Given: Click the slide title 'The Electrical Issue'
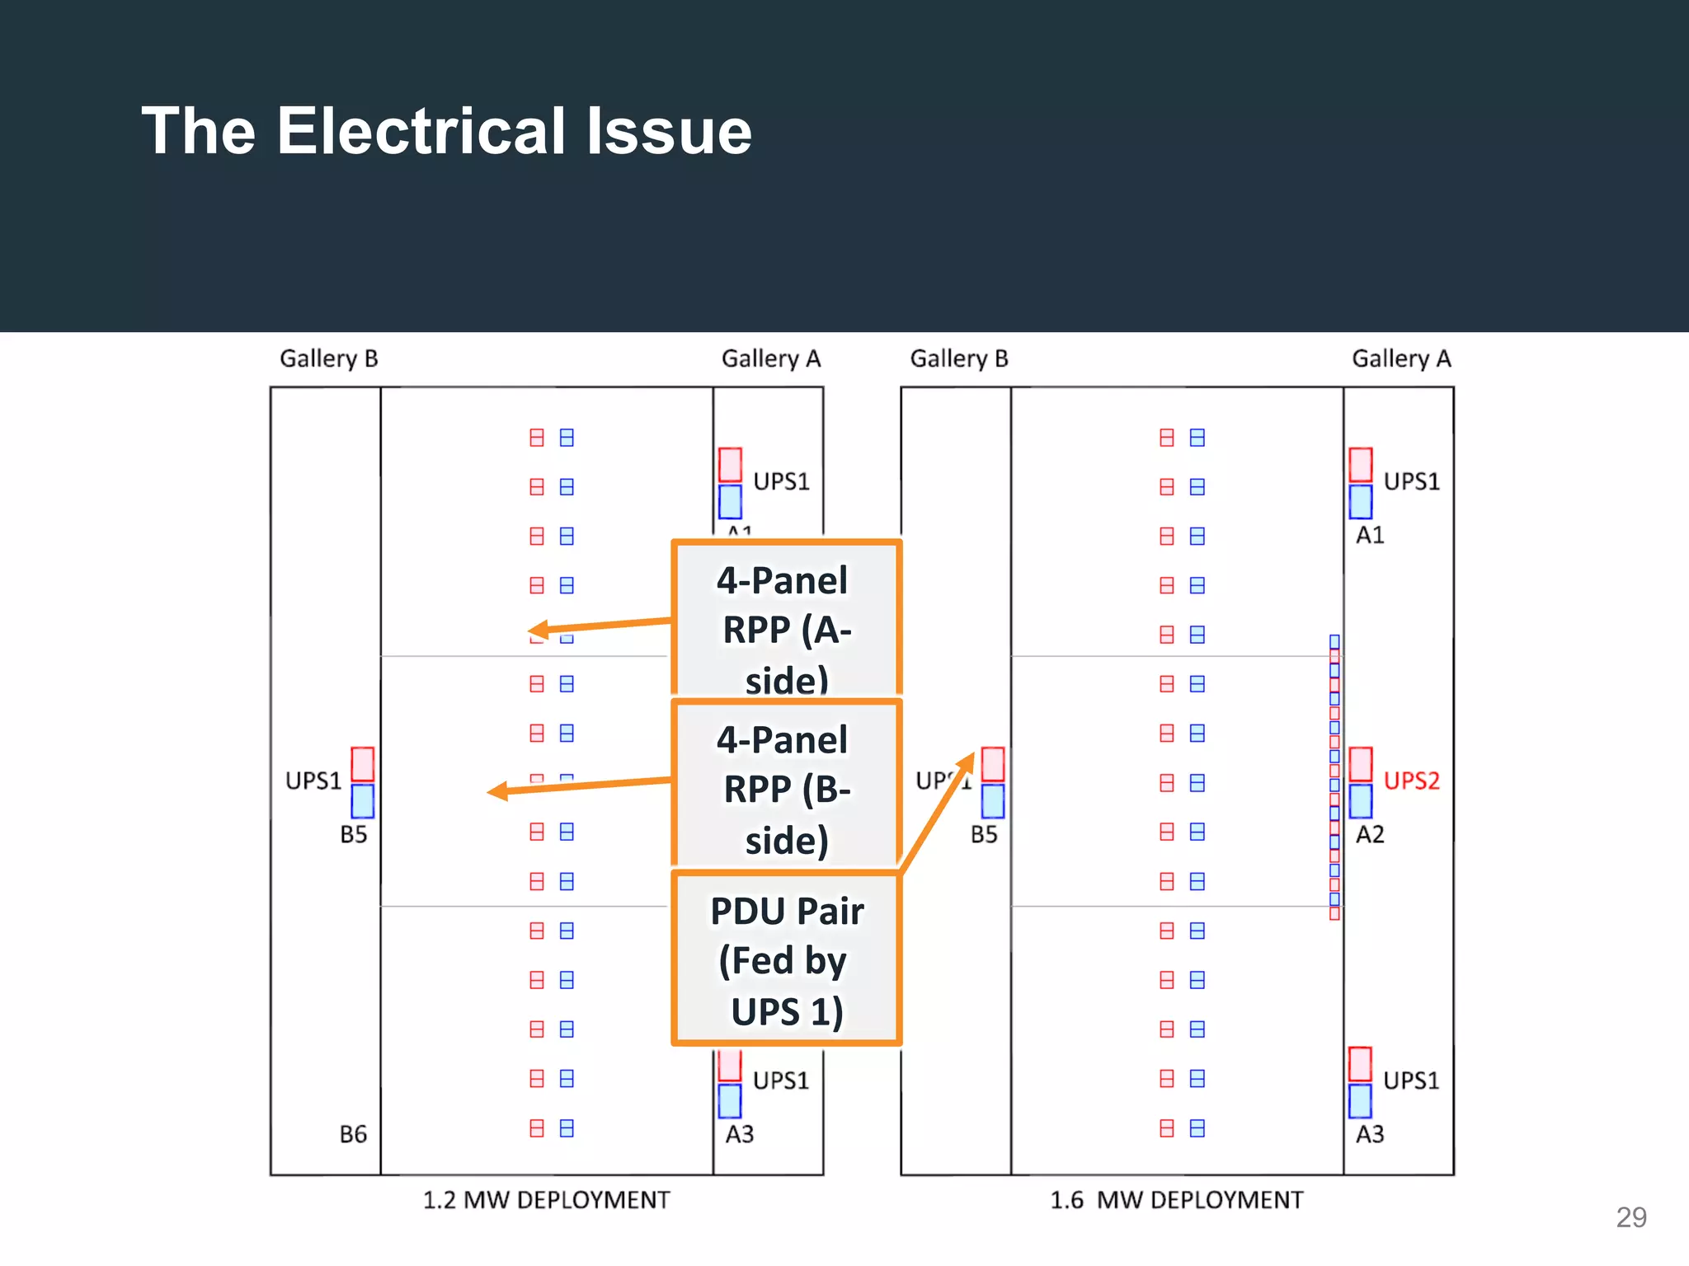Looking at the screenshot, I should [x=446, y=131].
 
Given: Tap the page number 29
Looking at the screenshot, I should [x=1630, y=1217].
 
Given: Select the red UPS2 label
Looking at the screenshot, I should [x=1411, y=781].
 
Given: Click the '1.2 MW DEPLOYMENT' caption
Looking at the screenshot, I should [x=546, y=1200].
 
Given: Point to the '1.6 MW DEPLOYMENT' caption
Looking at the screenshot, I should [x=1176, y=1200].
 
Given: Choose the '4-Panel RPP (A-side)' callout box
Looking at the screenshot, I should [x=786, y=618].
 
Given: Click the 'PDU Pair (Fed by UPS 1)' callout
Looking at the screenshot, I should [x=786, y=959].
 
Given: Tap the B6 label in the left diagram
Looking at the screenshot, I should [x=353, y=1134].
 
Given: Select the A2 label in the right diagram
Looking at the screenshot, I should [x=1370, y=835].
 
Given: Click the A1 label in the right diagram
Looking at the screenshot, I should [x=1370, y=536].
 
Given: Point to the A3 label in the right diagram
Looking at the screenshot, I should [x=1370, y=1134].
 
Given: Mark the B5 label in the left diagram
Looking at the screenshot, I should [x=353, y=835].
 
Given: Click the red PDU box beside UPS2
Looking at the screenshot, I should [x=1361, y=764].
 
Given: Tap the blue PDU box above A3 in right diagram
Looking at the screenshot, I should [x=1360, y=1101].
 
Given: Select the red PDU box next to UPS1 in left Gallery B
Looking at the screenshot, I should [x=363, y=764].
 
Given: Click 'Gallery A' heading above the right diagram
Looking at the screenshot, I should [x=1401, y=359].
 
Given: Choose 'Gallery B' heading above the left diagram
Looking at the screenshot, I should [x=328, y=359].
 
